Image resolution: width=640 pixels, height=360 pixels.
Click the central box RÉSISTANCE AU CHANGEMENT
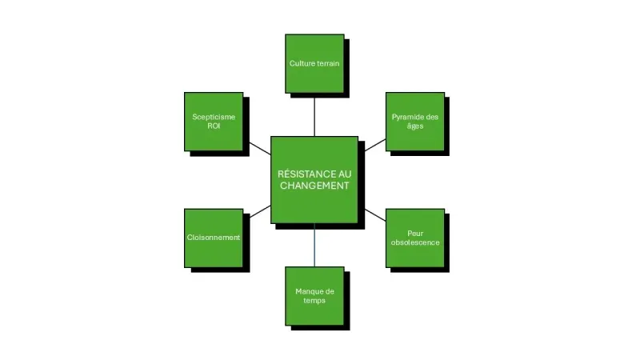pos(314,179)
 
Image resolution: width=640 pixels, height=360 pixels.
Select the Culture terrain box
pos(314,63)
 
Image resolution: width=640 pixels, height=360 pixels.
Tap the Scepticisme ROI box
pos(214,121)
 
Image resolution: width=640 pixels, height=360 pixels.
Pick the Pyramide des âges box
pos(414,121)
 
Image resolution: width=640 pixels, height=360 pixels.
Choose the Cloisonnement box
pos(214,238)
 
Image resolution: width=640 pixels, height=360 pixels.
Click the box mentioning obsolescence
pos(414,238)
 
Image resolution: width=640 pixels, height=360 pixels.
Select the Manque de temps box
pos(314,295)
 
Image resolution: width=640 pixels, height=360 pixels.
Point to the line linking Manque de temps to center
pos(314,245)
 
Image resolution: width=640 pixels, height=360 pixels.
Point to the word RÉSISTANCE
pos(297,173)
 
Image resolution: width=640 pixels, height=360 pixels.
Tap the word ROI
pos(214,126)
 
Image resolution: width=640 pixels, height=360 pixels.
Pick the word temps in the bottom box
pos(314,300)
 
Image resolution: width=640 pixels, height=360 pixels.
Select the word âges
pos(414,126)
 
